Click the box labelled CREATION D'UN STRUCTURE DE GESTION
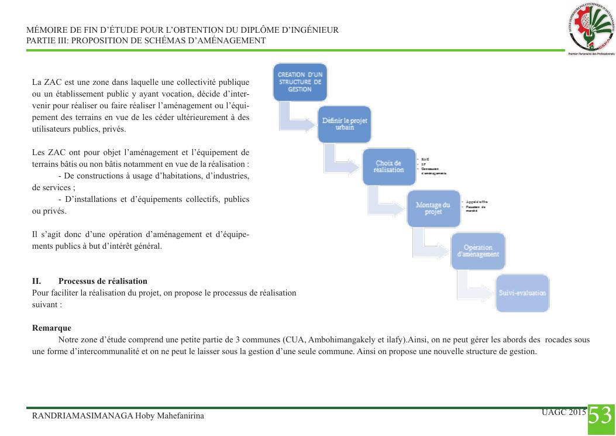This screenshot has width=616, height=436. pos(300,82)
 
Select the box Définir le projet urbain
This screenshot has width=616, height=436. pos(345,123)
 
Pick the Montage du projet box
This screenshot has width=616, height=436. pos(433,208)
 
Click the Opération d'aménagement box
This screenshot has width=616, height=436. pos(478,250)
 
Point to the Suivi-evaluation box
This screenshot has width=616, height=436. pos(522,293)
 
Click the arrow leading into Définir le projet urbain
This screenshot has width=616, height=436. pos(298,117)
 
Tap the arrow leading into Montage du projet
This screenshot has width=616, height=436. pos(386,202)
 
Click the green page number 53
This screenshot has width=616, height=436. pos(600,416)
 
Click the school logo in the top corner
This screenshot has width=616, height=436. pos(591,29)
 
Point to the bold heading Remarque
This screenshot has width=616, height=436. pos(51,328)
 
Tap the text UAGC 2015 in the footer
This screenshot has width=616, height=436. pos(563,412)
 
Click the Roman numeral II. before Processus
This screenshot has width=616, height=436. pos(36,281)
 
